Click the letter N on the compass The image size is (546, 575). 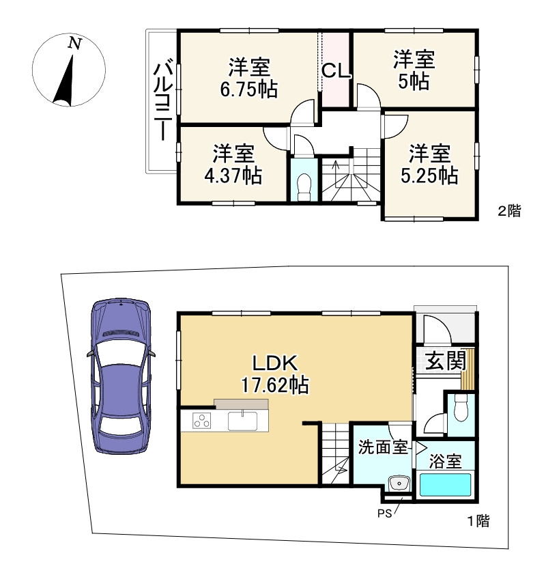pos(75,44)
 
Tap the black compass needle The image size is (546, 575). pos(66,80)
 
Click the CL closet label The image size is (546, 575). pos(336,71)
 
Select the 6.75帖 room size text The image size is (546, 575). pos(249,89)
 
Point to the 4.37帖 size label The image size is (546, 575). pos(233,176)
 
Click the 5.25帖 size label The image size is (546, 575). pos(429,176)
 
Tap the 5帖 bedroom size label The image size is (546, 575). pos(414,81)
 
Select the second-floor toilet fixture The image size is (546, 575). pos(304,187)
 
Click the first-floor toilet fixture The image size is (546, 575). pos(461,408)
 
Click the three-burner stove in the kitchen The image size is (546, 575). pos(201,421)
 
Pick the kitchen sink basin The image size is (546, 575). pos(242,421)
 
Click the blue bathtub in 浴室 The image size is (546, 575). pos(445,485)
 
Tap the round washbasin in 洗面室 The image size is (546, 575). pos(398,483)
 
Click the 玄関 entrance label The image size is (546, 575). pos(446,361)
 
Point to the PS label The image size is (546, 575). pos(384,514)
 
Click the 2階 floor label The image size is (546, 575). pos(509,211)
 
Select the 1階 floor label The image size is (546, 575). pos(478,521)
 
